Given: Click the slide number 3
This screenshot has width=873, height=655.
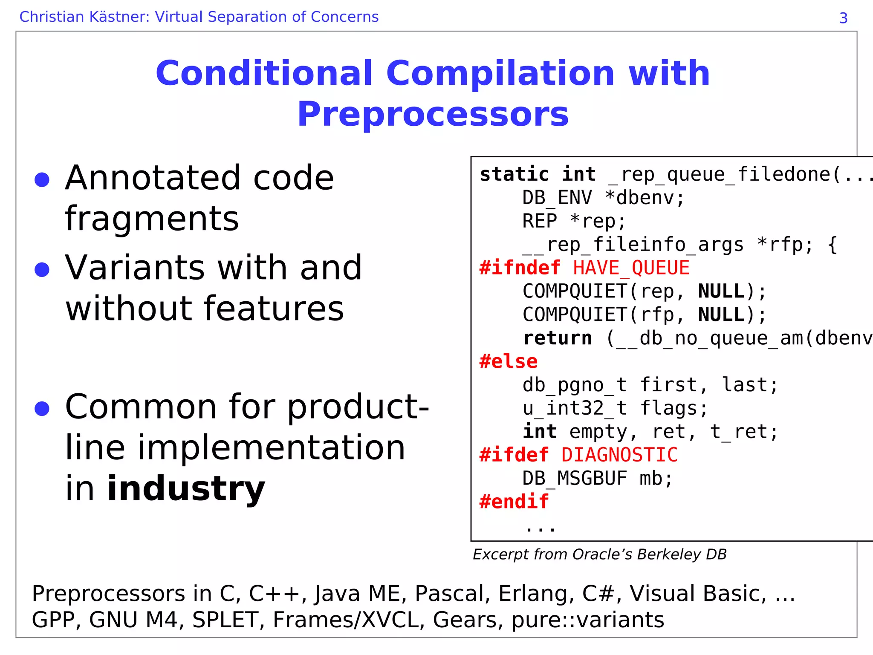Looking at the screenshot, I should pos(843,18).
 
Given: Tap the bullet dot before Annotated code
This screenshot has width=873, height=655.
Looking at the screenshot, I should pos(42,180).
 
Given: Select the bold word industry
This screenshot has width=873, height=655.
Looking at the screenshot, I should pos(186,488).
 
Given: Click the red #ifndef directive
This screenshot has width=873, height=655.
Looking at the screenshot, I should pos(520,268).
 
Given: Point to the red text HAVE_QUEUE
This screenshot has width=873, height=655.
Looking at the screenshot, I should pos(631,268).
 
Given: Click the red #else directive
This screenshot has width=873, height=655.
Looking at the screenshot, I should pos(508,362).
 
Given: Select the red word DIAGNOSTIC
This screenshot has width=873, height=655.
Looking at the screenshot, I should pos(619,455).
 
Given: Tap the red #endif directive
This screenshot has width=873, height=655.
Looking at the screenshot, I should pos(514,502).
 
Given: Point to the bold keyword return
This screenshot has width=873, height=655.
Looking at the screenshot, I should pos(557,338).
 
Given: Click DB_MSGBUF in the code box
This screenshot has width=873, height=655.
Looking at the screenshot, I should pos(575,479).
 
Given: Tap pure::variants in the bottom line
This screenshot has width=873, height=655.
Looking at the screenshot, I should pos(587,620).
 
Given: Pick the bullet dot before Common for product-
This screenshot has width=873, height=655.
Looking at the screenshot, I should pos(42,409).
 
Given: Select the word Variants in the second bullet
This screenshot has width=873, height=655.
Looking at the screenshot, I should pos(135,268).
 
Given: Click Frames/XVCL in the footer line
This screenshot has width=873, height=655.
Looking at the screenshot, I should pos(346,620).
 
